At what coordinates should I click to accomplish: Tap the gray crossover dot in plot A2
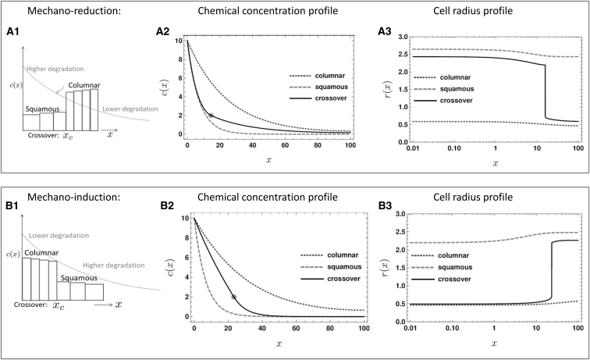210,116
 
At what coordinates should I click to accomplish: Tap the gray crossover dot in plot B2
233,297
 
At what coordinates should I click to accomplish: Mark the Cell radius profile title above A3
490,11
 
